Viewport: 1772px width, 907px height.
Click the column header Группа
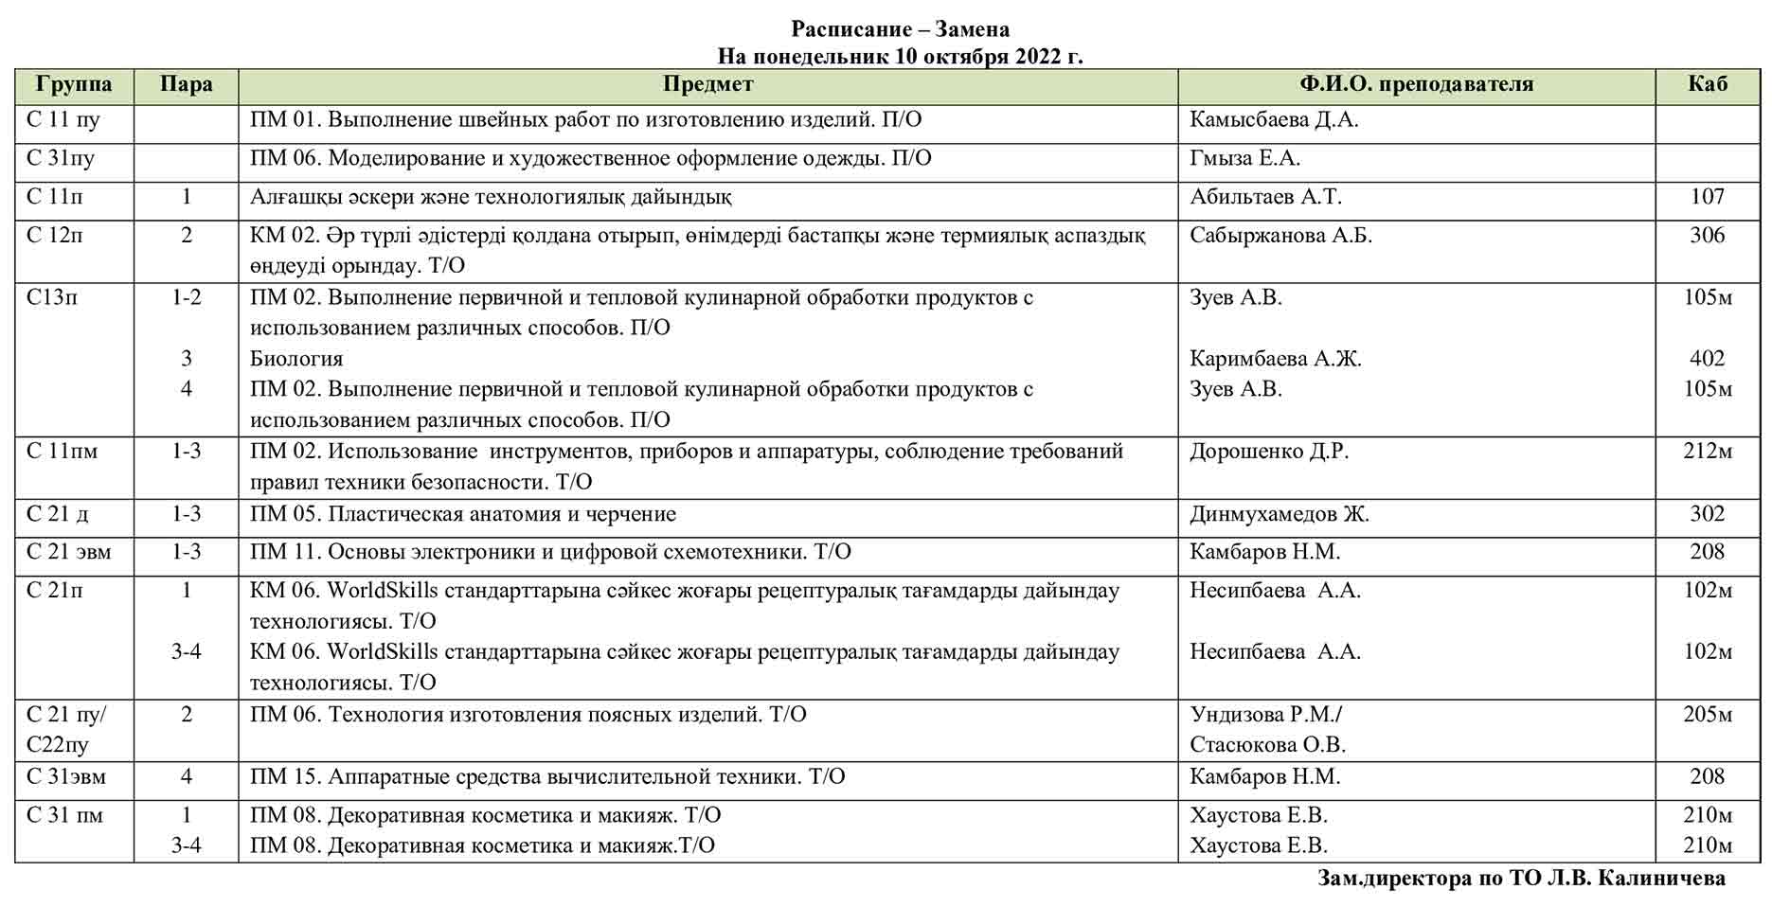74,84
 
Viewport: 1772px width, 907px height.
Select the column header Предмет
707,84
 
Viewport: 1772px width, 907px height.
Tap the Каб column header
1707,84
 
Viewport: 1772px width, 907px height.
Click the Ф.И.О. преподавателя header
1416,84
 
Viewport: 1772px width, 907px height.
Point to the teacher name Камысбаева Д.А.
1274,120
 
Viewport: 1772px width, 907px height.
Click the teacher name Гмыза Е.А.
1244,158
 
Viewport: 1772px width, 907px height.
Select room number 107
1707,197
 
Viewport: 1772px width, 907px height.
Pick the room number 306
1707,236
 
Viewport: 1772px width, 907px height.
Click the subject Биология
296,359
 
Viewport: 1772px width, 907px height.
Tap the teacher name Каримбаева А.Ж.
1275,359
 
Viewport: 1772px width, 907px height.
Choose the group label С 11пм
63,452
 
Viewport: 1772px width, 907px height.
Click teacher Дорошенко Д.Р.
1269,452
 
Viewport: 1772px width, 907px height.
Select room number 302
1707,514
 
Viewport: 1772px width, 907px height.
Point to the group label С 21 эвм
69,552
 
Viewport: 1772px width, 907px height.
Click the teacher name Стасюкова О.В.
1267,745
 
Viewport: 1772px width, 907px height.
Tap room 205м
1707,715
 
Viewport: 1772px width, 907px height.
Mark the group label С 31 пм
64,815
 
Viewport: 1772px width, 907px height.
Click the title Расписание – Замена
900,29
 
